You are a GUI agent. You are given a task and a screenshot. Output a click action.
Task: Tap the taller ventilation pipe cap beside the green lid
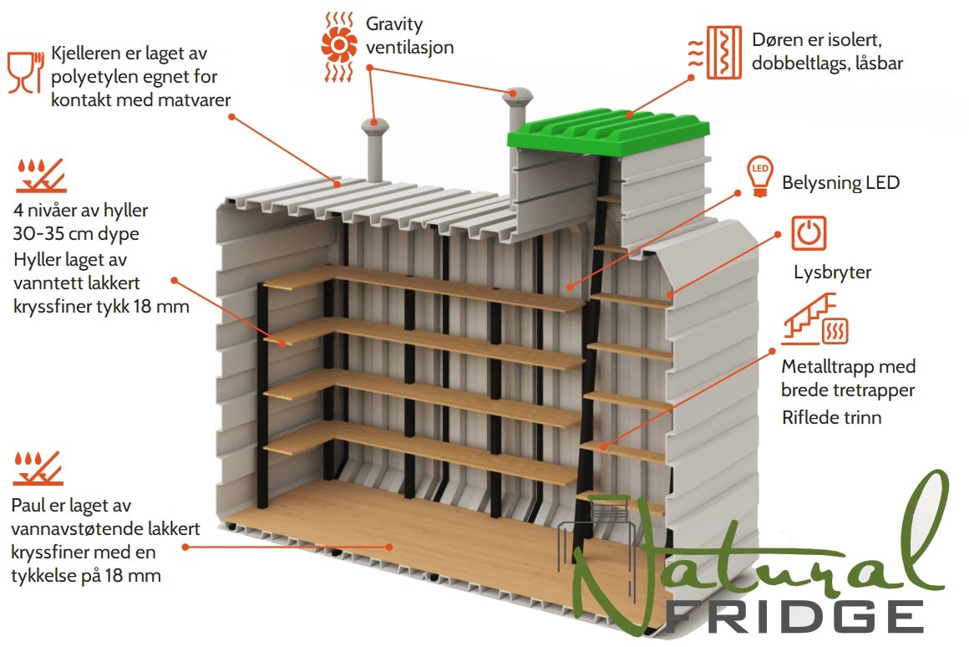coord(517,96)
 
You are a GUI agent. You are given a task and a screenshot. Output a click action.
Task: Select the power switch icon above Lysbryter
coord(809,233)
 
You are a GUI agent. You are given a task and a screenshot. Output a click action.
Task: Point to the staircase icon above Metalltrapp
coord(815,319)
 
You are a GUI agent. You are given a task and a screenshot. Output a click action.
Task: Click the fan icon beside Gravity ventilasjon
coord(338,46)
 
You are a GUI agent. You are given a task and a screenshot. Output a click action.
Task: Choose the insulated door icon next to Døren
coord(715,53)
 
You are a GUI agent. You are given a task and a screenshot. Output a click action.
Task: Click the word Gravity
coord(394,24)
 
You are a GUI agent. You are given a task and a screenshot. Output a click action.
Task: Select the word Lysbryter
coord(833,273)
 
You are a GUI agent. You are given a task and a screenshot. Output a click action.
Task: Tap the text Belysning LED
coord(840,182)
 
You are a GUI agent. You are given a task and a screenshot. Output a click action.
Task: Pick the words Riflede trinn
coord(832,417)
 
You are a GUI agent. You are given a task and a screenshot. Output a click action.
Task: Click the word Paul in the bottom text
coord(28,506)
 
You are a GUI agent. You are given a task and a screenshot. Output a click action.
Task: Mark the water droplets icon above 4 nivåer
coord(40,176)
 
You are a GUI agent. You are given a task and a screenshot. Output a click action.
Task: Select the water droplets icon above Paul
coord(38,468)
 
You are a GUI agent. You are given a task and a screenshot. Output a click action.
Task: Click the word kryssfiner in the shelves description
coord(55,306)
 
